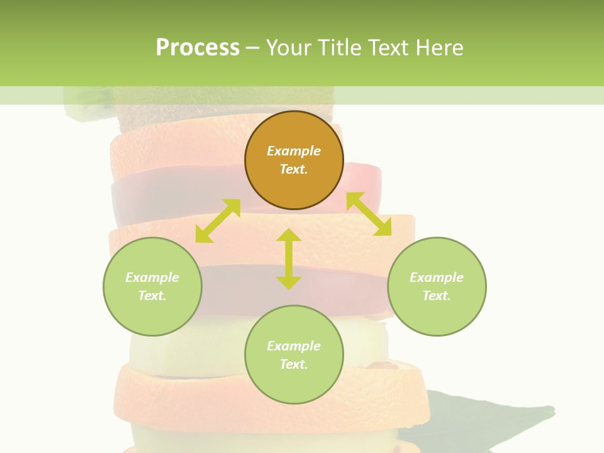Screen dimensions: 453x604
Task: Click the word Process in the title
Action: coord(198,48)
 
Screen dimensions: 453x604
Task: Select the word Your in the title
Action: coord(288,48)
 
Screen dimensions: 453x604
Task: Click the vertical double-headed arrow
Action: coord(289,259)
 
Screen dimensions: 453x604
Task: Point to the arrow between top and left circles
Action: coord(218,221)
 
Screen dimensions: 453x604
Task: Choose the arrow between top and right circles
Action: coord(369,214)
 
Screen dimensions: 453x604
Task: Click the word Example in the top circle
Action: coord(294,151)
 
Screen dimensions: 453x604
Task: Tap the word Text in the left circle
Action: coord(152,296)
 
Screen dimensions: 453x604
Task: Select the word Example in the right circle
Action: coord(437,277)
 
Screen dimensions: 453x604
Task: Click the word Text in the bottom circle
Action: coord(294,364)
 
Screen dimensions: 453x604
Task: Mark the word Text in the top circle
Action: coord(294,169)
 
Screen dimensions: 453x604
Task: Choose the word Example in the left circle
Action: coord(152,277)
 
